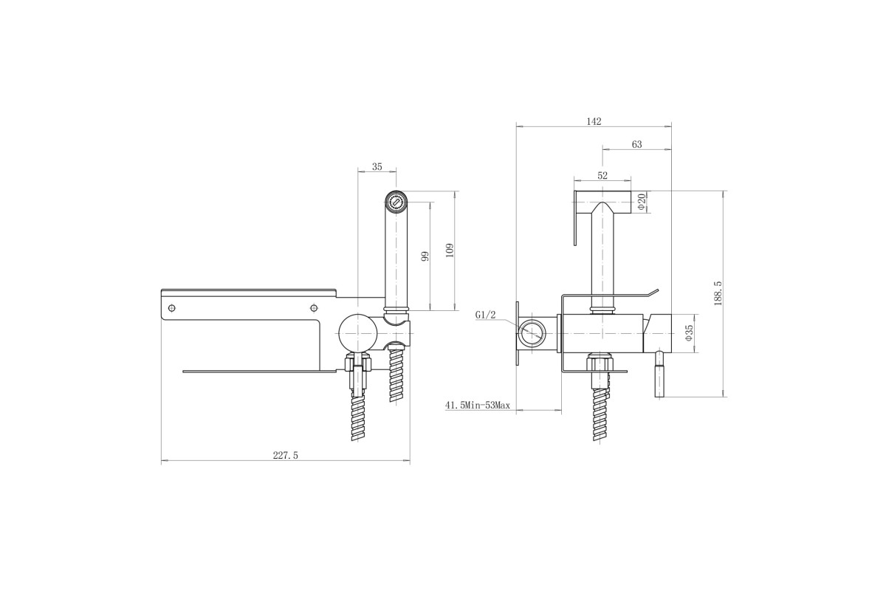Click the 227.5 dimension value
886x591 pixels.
(285, 456)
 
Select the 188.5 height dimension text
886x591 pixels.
(718, 293)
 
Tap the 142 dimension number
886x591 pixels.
(594, 122)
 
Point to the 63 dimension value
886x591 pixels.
(636, 145)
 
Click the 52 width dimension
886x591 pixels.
(602, 175)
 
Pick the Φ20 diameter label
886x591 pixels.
(642, 202)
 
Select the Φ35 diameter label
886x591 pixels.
(689, 333)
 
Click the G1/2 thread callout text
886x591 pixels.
(485, 315)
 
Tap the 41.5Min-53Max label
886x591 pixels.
(478, 405)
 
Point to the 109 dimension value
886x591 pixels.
(450, 250)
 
